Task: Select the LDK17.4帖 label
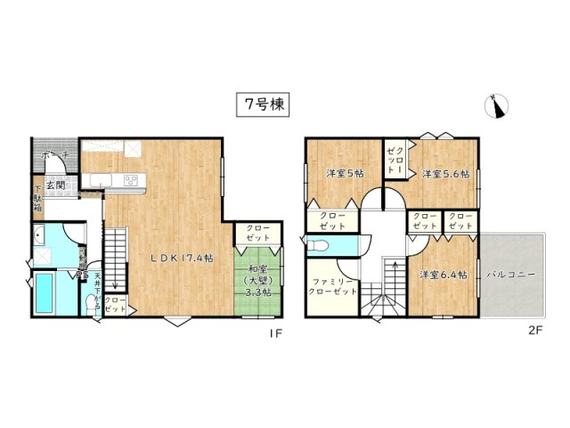tap(181, 258)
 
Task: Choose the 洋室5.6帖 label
tap(444, 173)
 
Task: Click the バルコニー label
tap(511, 275)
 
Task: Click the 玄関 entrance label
tap(55, 185)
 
